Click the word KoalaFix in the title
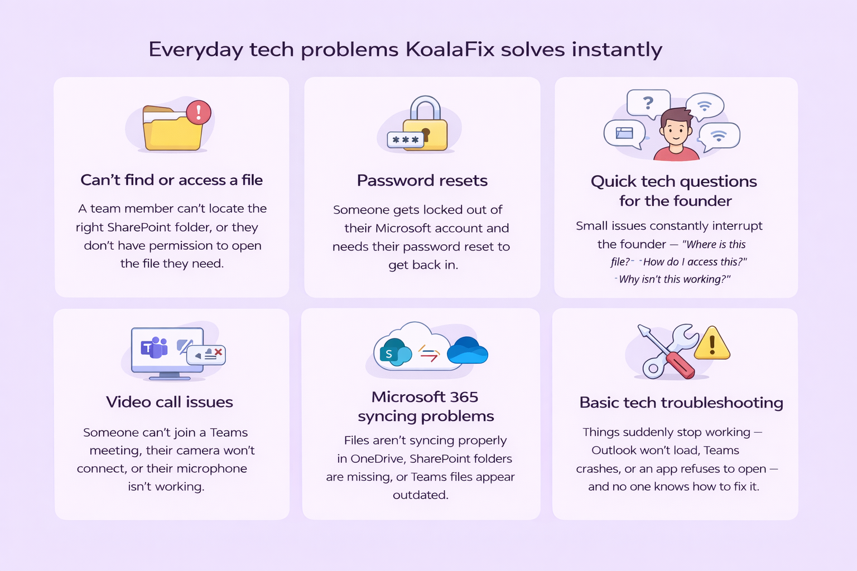(450, 49)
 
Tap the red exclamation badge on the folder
(199, 113)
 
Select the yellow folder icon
(173, 128)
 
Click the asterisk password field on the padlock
(406, 140)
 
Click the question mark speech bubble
(648, 104)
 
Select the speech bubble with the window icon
(624, 134)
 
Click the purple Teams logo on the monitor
(154, 347)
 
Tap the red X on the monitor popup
(219, 352)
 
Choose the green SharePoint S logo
(392, 352)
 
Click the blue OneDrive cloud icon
(468, 350)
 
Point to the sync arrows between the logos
(428, 354)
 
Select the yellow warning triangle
(711, 343)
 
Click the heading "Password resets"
(422, 181)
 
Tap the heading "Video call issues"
(170, 402)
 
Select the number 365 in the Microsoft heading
(464, 397)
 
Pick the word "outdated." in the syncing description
(421, 495)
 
